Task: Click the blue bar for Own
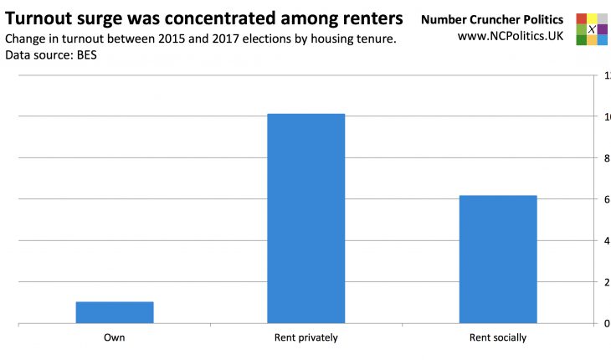pyautogui.click(x=115, y=312)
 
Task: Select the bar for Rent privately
pyautogui.click(x=305, y=218)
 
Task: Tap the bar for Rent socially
pyautogui.click(x=498, y=259)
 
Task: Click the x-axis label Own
pyautogui.click(x=115, y=338)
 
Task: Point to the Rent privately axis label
pyautogui.click(x=305, y=338)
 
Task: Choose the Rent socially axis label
pyautogui.click(x=498, y=338)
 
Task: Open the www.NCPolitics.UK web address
pyautogui.click(x=510, y=37)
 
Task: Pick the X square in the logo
pyautogui.click(x=592, y=29)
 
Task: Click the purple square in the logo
pyautogui.click(x=603, y=29)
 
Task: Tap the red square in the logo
pyautogui.click(x=581, y=18)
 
